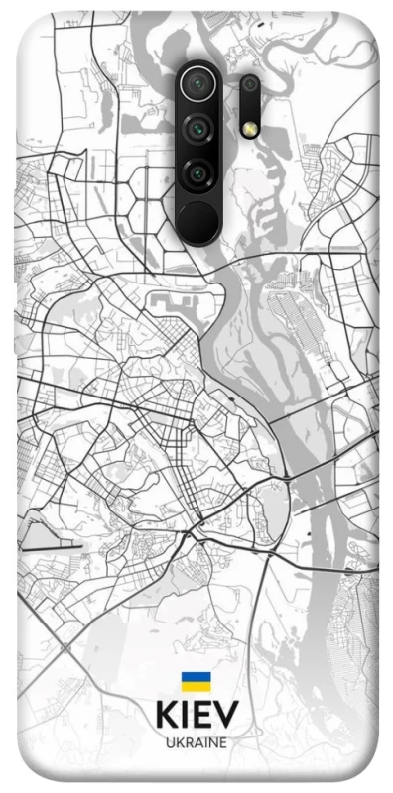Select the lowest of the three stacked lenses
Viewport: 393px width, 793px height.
197,173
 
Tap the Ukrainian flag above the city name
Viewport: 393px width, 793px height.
195,681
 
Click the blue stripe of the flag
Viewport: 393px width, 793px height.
195,677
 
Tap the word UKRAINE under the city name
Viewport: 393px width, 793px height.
196,742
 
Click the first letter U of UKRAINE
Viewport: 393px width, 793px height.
169,742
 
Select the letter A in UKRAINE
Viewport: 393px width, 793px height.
197,742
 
